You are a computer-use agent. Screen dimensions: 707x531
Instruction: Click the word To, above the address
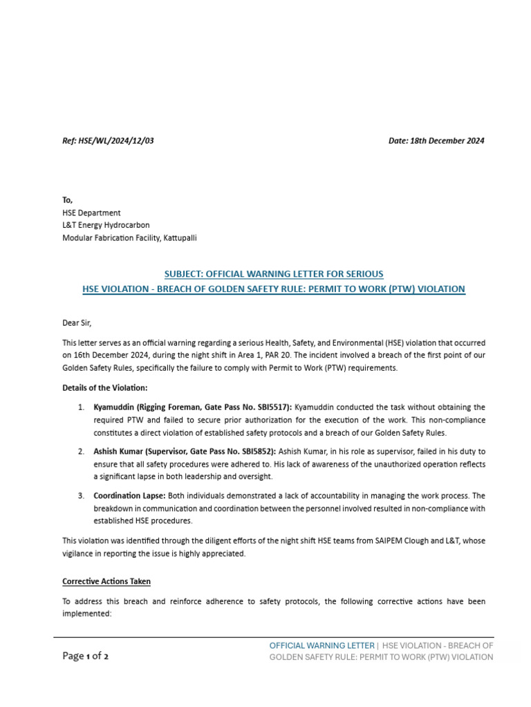[x=67, y=200]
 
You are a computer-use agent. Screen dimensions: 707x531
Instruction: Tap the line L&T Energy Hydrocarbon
[x=106, y=225]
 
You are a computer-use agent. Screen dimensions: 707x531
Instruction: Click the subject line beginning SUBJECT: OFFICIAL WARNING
[x=273, y=274]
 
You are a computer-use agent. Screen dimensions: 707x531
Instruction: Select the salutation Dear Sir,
[x=77, y=322]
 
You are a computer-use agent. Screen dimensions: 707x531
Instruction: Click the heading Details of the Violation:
[x=104, y=388]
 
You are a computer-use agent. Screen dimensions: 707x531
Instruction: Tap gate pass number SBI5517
[x=273, y=407]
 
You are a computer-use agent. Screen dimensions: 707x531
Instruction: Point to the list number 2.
[x=81, y=451]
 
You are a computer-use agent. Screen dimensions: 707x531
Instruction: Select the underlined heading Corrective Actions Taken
[x=106, y=581]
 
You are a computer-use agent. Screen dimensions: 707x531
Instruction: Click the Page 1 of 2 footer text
[x=85, y=656]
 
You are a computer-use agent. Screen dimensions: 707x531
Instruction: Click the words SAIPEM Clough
[x=364, y=541]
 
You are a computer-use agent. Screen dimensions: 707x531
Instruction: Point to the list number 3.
[x=81, y=496]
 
